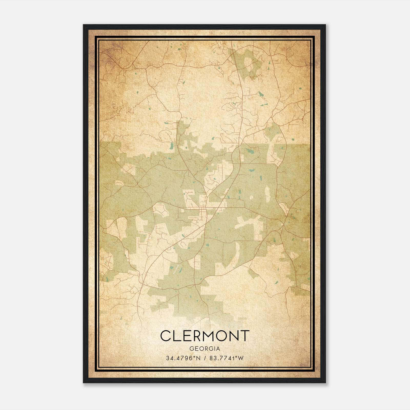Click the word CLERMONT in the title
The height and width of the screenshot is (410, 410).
click(205, 336)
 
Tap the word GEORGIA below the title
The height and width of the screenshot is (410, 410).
click(204, 349)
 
